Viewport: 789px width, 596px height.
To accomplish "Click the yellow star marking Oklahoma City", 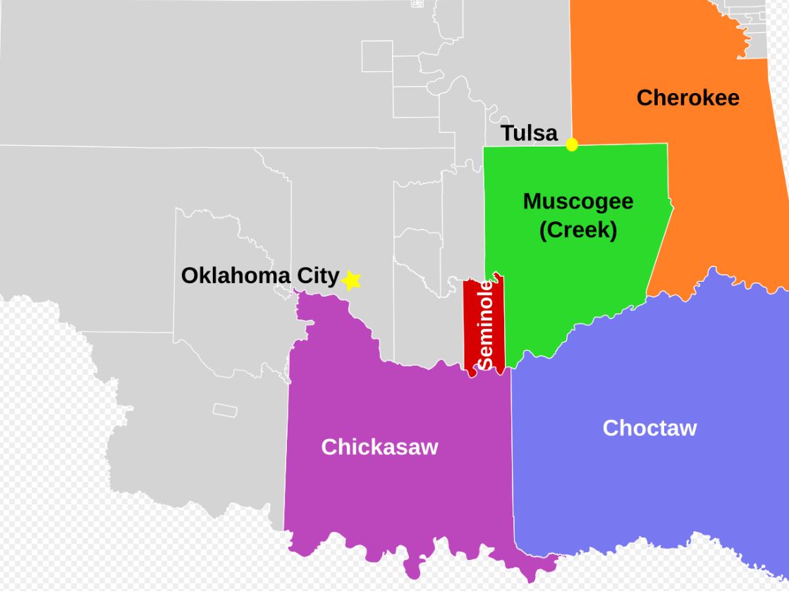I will (x=351, y=280).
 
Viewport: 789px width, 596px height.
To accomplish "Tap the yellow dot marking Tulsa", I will (x=572, y=144).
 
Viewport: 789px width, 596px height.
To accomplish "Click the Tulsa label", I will (x=529, y=133).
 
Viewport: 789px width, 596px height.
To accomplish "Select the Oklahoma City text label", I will (x=260, y=275).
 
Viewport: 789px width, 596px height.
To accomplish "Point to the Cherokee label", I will (x=687, y=97).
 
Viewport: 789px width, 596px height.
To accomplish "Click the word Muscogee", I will (x=578, y=201).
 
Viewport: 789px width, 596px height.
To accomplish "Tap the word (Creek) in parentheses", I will (x=578, y=230).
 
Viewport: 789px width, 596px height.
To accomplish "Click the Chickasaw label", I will (x=379, y=447).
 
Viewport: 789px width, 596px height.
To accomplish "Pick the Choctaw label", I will (x=649, y=428).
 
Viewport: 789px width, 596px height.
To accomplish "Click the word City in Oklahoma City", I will (x=318, y=275).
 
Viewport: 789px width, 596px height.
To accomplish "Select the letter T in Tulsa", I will (x=506, y=133).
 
